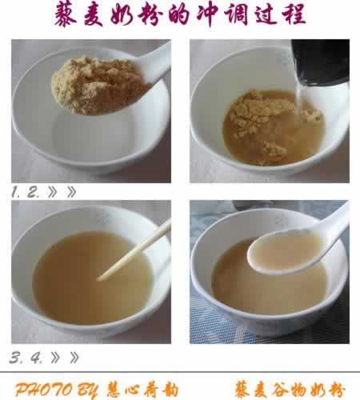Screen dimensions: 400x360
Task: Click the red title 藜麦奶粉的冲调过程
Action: [x=180, y=17]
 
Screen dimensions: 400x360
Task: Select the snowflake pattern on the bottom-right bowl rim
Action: [x=279, y=218]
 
